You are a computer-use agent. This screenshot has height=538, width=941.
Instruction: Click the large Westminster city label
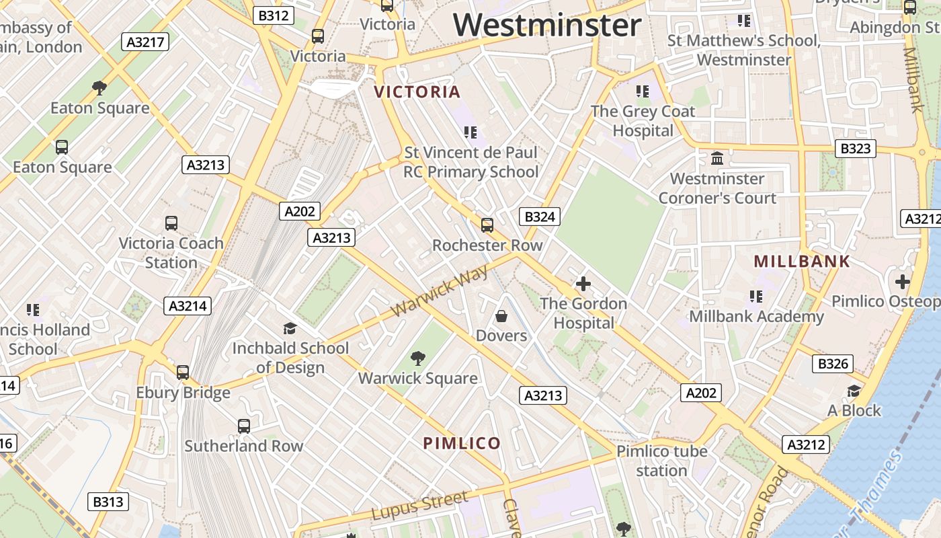click(547, 26)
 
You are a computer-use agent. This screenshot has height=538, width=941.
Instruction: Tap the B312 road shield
click(274, 15)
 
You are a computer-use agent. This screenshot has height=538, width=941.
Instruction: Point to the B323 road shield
click(855, 149)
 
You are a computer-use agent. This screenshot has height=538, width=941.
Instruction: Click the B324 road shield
click(540, 217)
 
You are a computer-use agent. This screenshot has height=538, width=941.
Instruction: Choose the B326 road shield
click(832, 364)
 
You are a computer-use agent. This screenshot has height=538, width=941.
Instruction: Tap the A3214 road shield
click(188, 306)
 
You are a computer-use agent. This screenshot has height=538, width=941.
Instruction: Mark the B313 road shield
click(108, 502)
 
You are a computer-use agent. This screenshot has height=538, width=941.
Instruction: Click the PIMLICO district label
click(462, 443)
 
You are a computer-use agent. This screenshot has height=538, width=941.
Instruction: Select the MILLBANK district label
click(802, 262)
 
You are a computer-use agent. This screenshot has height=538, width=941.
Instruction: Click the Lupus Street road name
click(419, 506)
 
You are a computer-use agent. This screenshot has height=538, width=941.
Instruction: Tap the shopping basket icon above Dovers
click(501, 315)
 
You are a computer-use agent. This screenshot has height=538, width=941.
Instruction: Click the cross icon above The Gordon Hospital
click(583, 284)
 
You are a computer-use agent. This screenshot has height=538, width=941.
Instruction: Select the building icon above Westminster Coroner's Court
click(717, 159)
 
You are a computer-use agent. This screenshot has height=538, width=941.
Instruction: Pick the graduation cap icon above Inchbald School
click(290, 328)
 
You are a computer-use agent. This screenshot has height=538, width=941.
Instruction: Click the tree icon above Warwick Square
click(418, 358)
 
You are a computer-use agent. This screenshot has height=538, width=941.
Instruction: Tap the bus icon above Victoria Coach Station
click(171, 223)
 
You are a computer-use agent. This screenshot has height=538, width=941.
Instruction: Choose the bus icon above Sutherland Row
click(243, 426)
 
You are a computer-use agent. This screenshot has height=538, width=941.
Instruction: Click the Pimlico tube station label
click(661, 461)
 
